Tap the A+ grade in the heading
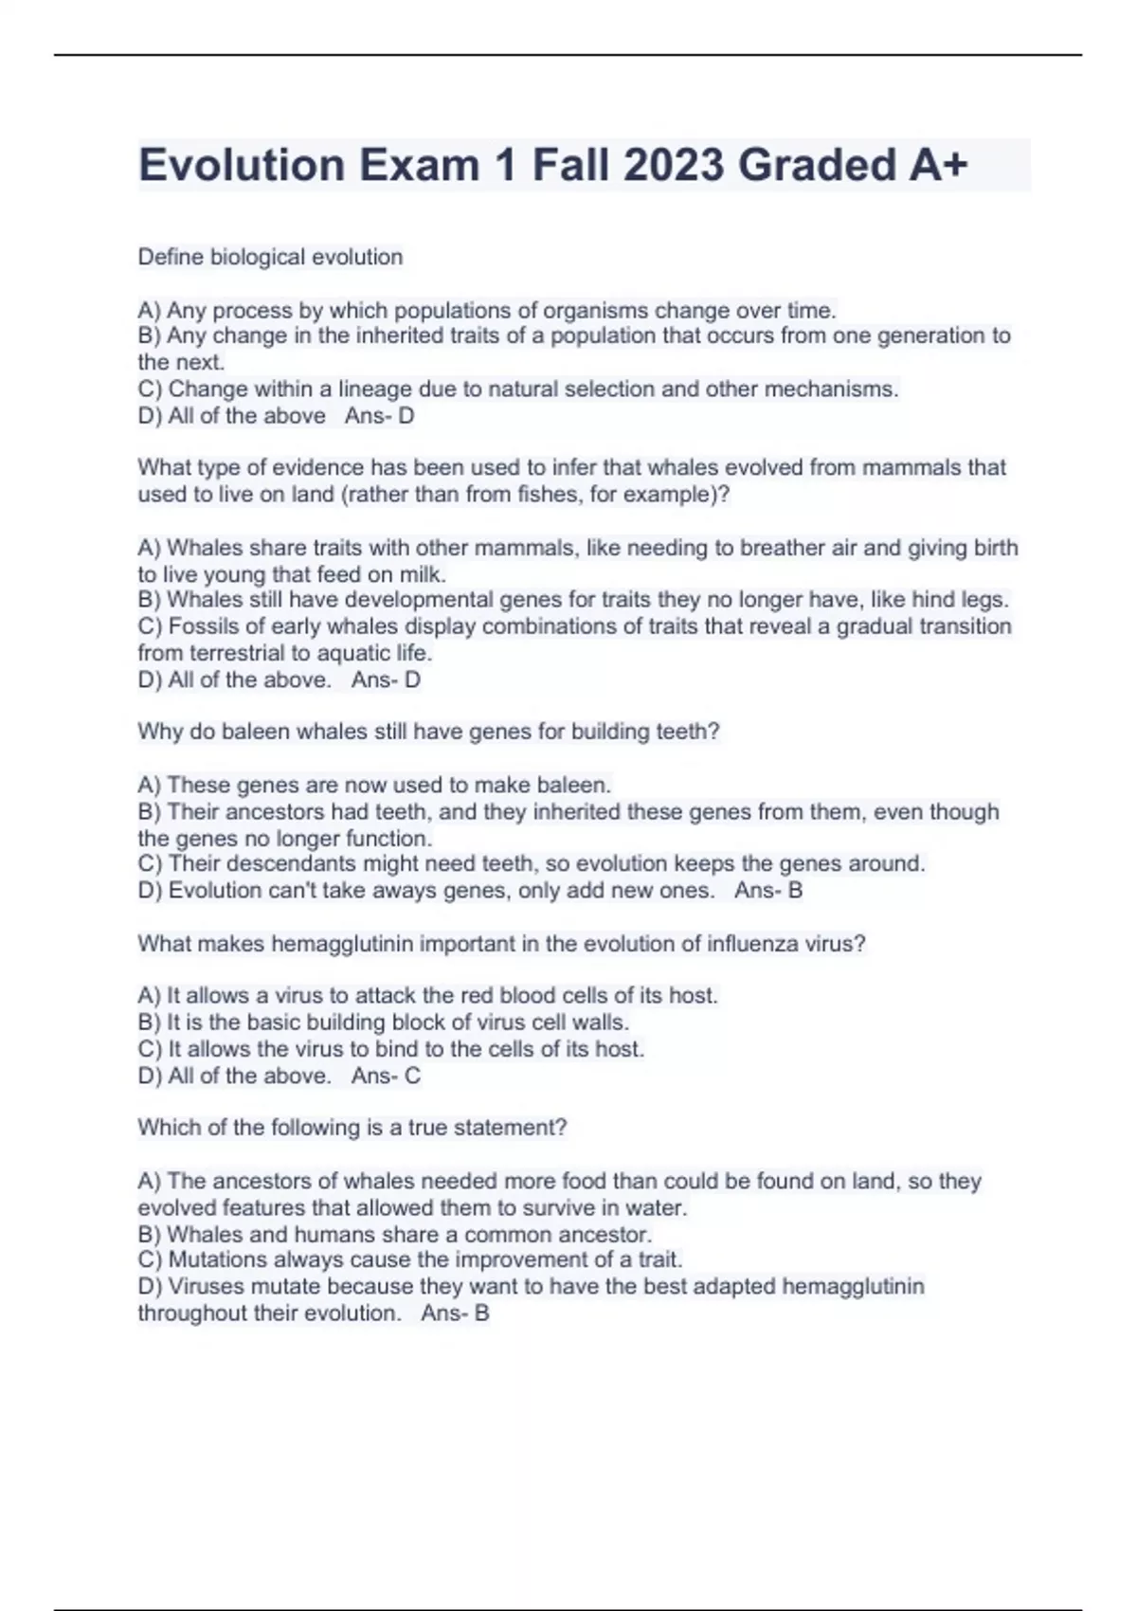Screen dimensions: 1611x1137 click(938, 165)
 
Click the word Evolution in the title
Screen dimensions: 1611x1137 click(242, 165)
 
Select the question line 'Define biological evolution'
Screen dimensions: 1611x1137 click(270, 257)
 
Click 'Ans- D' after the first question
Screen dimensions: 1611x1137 click(379, 415)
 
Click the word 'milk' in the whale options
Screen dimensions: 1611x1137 click(422, 574)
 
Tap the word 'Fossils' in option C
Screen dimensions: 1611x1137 click(204, 626)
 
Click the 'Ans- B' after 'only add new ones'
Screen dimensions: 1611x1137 click(768, 890)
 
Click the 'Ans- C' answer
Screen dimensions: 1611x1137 click(386, 1076)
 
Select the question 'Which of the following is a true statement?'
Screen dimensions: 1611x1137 click(352, 1128)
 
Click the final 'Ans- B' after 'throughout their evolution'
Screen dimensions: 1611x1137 click(455, 1313)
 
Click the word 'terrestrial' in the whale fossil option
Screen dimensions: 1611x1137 click(244, 653)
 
